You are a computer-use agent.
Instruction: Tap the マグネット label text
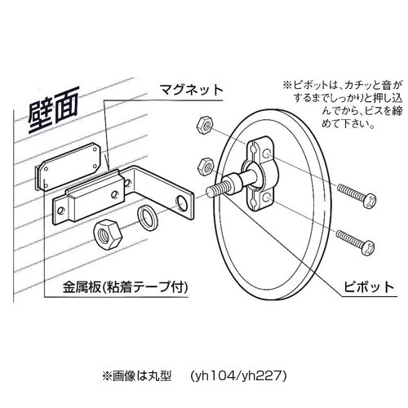click(191, 90)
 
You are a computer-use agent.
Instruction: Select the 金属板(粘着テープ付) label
click(126, 287)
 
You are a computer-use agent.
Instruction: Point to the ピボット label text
click(369, 286)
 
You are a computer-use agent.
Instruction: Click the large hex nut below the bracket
click(108, 234)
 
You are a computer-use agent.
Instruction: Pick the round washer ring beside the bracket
click(149, 216)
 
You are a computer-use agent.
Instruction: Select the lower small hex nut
click(206, 166)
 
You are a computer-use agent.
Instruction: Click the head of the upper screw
click(370, 201)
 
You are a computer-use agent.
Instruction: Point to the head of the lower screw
click(369, 247)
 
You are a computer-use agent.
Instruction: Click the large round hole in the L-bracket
click(182, 203)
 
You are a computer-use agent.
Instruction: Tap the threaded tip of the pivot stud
click(215, 188)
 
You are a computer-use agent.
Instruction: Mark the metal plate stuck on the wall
click(69, 166)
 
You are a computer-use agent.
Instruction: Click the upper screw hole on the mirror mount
click(266, 153)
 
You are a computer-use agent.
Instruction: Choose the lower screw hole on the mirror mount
click(266, 197)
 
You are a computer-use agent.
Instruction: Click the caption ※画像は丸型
click(136, 376)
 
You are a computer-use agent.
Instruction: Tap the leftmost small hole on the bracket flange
click(60, 211)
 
